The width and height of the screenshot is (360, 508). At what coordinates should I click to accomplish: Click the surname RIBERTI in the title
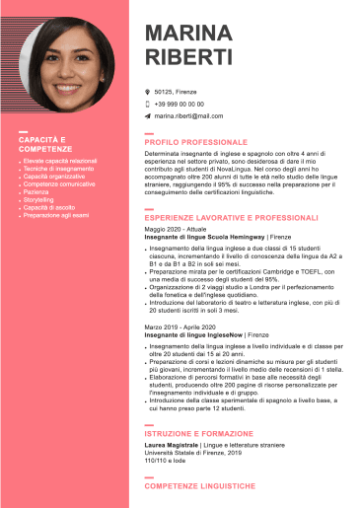[x=188, y=56]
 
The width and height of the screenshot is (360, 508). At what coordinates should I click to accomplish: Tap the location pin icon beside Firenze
[x=147, y=91]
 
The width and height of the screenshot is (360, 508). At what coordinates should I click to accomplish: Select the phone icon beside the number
[x=147, y=104]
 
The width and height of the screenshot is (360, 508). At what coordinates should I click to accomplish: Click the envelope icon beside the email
[x=147, y=116]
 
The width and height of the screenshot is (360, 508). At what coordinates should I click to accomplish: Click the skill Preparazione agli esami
[x=56, y=215]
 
